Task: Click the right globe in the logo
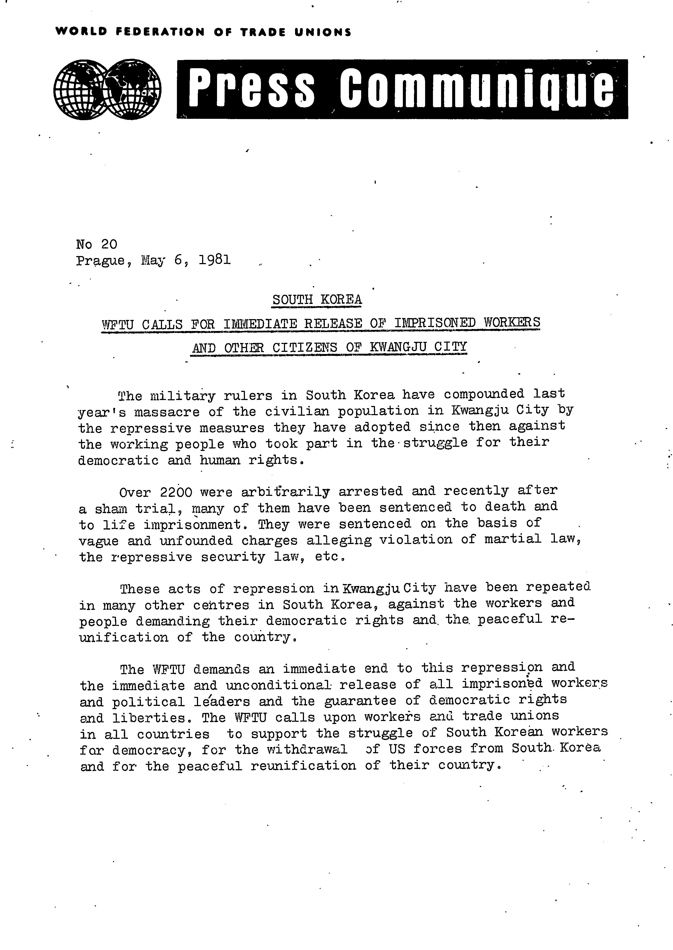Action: [x=134, y=89]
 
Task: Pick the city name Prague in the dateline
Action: [x=101, y=261]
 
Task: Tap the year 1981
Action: [x=214, y=260]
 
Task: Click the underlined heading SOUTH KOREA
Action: [x=317, y=299]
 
